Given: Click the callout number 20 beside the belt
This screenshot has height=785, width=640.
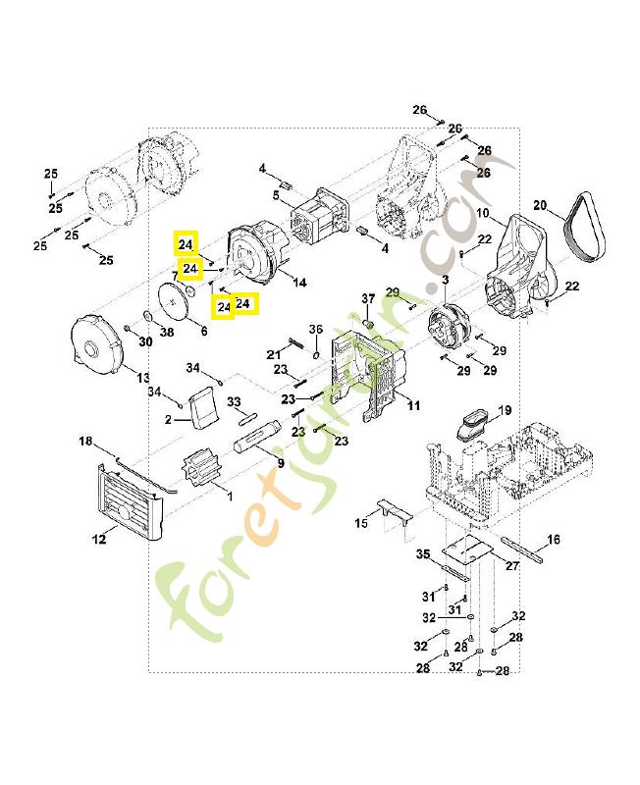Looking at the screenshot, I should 539,205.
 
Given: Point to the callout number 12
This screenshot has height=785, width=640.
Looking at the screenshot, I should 99,538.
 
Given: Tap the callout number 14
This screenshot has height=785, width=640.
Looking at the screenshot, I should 298,283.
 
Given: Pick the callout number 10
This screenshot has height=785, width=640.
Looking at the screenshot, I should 483,213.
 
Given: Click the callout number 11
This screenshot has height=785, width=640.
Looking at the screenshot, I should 413,405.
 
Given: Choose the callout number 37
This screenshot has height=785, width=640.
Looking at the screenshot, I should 368,298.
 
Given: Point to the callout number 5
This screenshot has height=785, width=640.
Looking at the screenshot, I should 277,196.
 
